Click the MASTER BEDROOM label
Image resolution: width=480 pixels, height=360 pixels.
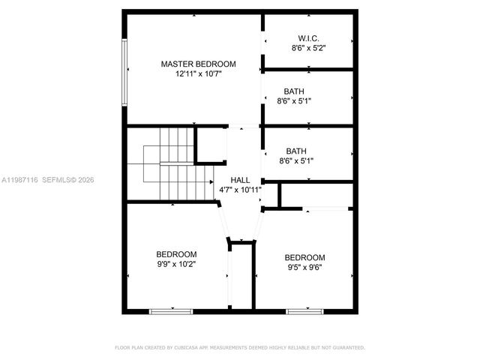pos(199,64)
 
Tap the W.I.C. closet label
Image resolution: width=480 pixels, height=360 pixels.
pos(308,37)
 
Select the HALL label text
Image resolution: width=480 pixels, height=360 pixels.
pos(240,179)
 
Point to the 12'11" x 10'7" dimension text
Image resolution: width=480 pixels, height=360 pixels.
pos(199,74)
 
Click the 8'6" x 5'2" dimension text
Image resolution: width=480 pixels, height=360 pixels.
pos(308,48)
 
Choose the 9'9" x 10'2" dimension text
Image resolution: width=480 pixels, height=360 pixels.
pos(176,264)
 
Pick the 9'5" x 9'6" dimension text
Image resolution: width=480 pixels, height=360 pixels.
pos(305,268)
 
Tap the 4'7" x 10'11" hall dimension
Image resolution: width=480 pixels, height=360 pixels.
pos(240,190)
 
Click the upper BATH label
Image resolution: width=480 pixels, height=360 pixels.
pos(294,91)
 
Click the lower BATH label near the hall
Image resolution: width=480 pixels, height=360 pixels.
pos(296,150)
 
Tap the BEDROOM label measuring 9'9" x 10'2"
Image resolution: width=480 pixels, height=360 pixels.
pos(176,253)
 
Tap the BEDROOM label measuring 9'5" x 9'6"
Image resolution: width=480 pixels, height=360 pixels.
pos(305,257)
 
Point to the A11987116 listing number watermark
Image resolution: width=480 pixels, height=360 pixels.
pos(20,180)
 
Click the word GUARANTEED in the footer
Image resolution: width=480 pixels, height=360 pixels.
pos(349,348)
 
